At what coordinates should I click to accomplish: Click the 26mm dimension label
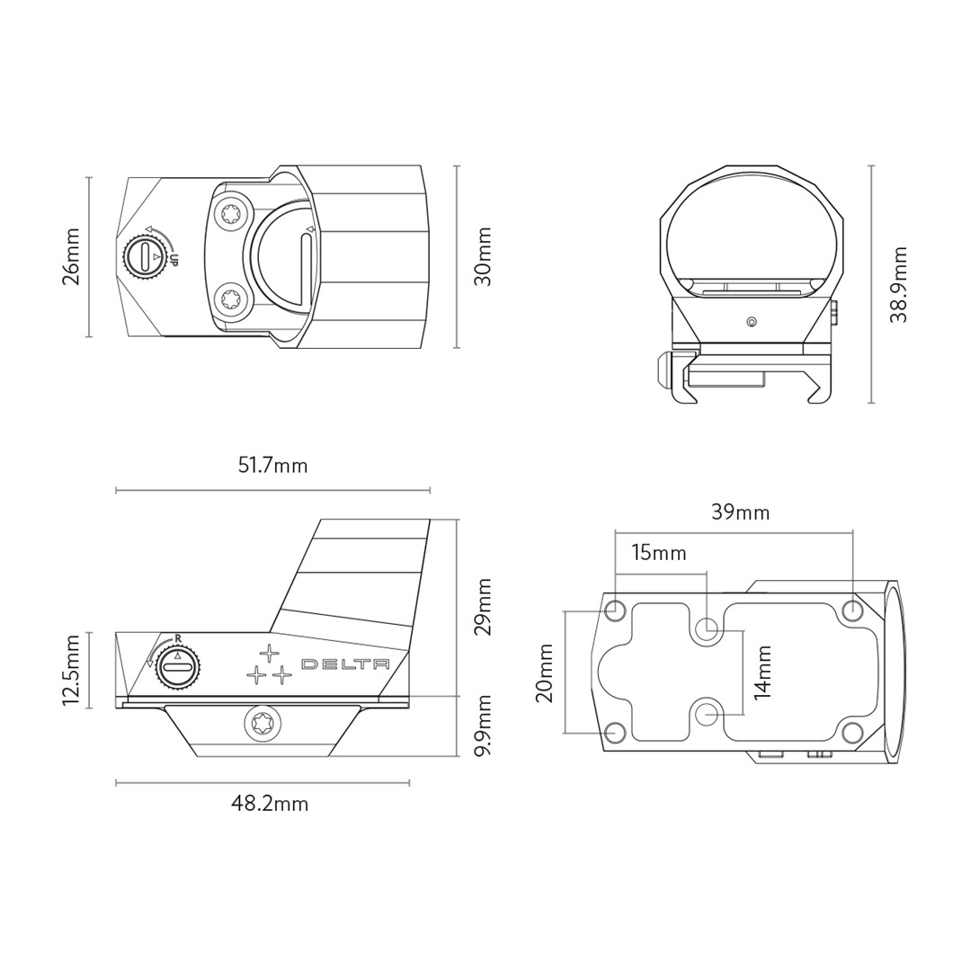tap(72, 256)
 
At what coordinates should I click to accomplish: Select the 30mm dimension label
tap(483, 256)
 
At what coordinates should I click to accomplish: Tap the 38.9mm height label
tap(898, 285)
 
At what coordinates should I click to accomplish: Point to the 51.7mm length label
tap(272, 465)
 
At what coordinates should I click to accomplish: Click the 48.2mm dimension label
tap(270, 804)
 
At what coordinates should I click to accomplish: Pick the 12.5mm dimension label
tap(72, 670)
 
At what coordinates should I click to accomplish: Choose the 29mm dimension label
tap(483, 607)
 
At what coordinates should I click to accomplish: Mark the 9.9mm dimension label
tap(483, 725)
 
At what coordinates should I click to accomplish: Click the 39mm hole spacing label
tap(741, 512)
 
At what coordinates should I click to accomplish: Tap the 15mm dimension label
tap(659, 552)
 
